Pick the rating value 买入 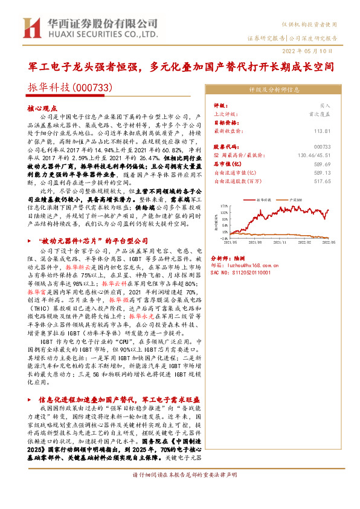326,105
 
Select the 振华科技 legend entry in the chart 266,198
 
